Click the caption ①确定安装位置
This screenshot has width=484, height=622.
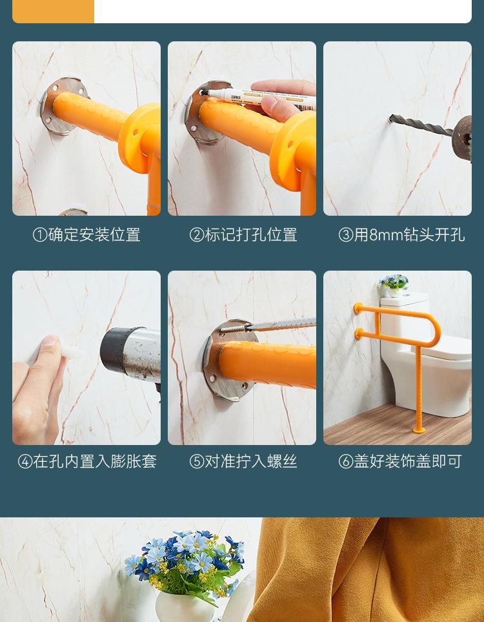(86, 234)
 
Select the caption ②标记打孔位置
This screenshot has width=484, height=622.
(243, 234)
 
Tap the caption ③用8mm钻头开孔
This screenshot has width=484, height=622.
(401, 234)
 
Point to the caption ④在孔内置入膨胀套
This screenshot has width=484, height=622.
(87, 461)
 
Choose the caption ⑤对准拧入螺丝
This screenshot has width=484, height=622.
(243, 461)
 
